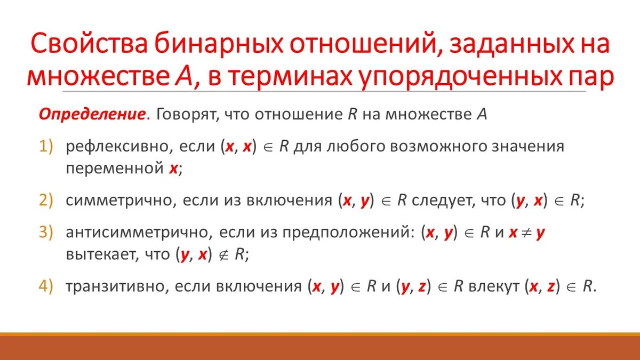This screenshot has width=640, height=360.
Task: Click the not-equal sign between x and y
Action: pos(527,233)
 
